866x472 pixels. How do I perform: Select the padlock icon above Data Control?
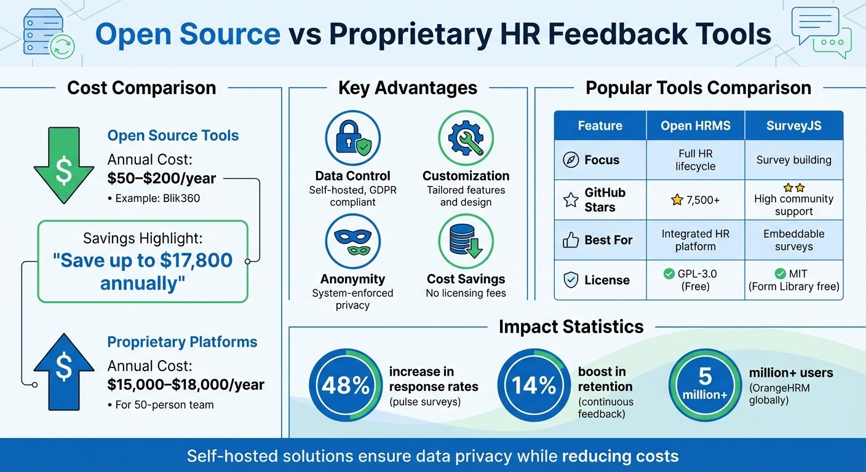352,138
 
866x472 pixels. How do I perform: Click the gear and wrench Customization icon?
466,138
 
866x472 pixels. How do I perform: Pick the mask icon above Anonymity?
352,242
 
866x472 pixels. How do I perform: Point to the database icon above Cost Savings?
466,242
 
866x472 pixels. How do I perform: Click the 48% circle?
345,385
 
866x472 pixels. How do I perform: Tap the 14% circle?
534,385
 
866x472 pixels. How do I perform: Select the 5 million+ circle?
705,385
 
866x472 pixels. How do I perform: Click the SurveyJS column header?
793,125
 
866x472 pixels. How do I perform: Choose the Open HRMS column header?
696,125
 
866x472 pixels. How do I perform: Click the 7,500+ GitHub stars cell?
696,200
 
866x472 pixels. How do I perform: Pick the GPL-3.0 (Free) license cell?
696,280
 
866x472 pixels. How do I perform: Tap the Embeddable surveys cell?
793,240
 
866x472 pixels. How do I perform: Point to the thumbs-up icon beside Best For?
571,240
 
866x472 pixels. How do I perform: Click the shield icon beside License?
571,280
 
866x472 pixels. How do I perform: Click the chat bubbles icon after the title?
821,33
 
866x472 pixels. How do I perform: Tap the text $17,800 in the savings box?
196,260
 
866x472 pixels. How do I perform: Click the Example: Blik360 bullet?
154,198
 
